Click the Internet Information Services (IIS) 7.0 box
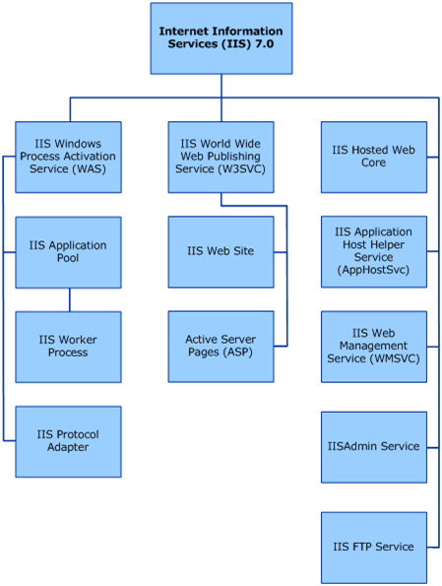pyautogui.click(x=221, y=38)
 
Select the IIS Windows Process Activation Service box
pyautogui.click(x=68, y=157)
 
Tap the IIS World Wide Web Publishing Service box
pyautogui.click(x=221, y=157)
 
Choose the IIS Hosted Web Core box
pyautogui.click(x=374, y=157)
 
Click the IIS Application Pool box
pyautogui.click(x=68, y=252)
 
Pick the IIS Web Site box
pyautogui.click(x=221, y=252)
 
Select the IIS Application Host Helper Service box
pyautogui.click(x=374, y=252)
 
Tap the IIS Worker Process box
pyautogui.click(x=68, y=347)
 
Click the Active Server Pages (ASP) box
pyautogui.click(x=221, y=347)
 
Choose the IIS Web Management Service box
pyautogui.click(x=374, y=347)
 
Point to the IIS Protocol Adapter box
pyautogui.click(x=68, y=442)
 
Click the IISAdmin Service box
pyautogui.click(x=374, y=447)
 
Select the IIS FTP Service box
pyautogui.click(x=374, y=548)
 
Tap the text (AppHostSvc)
pyautogui.click(x=373, y=270)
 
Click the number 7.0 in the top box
pyautogui.click(x=265, y=44)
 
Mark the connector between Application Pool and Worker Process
pyautogui.click(x=70, y=299)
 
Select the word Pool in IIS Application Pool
pyautogui.click(x=68, y=258)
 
